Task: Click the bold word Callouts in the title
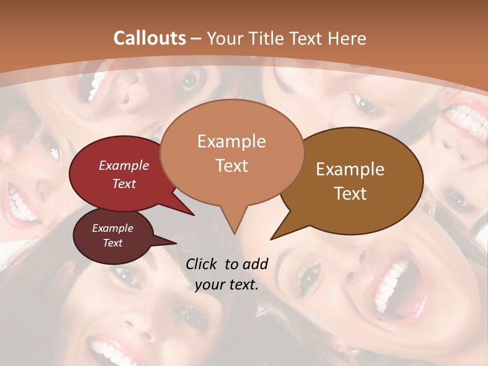[x=149, y=38]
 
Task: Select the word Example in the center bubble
[x=231, y=141]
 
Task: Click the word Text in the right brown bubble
[x=350, y=194]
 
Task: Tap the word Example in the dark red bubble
[x=124, y=166]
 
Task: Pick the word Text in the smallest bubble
[x=113, y=243]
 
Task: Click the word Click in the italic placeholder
[x=202, y=264]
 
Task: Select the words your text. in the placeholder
[x=226, y=285]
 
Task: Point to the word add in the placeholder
[x=255, y=264]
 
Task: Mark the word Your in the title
[x=224, y=38]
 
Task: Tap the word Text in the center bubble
[x=231, y=166]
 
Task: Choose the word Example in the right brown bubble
[x=350, y=169]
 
